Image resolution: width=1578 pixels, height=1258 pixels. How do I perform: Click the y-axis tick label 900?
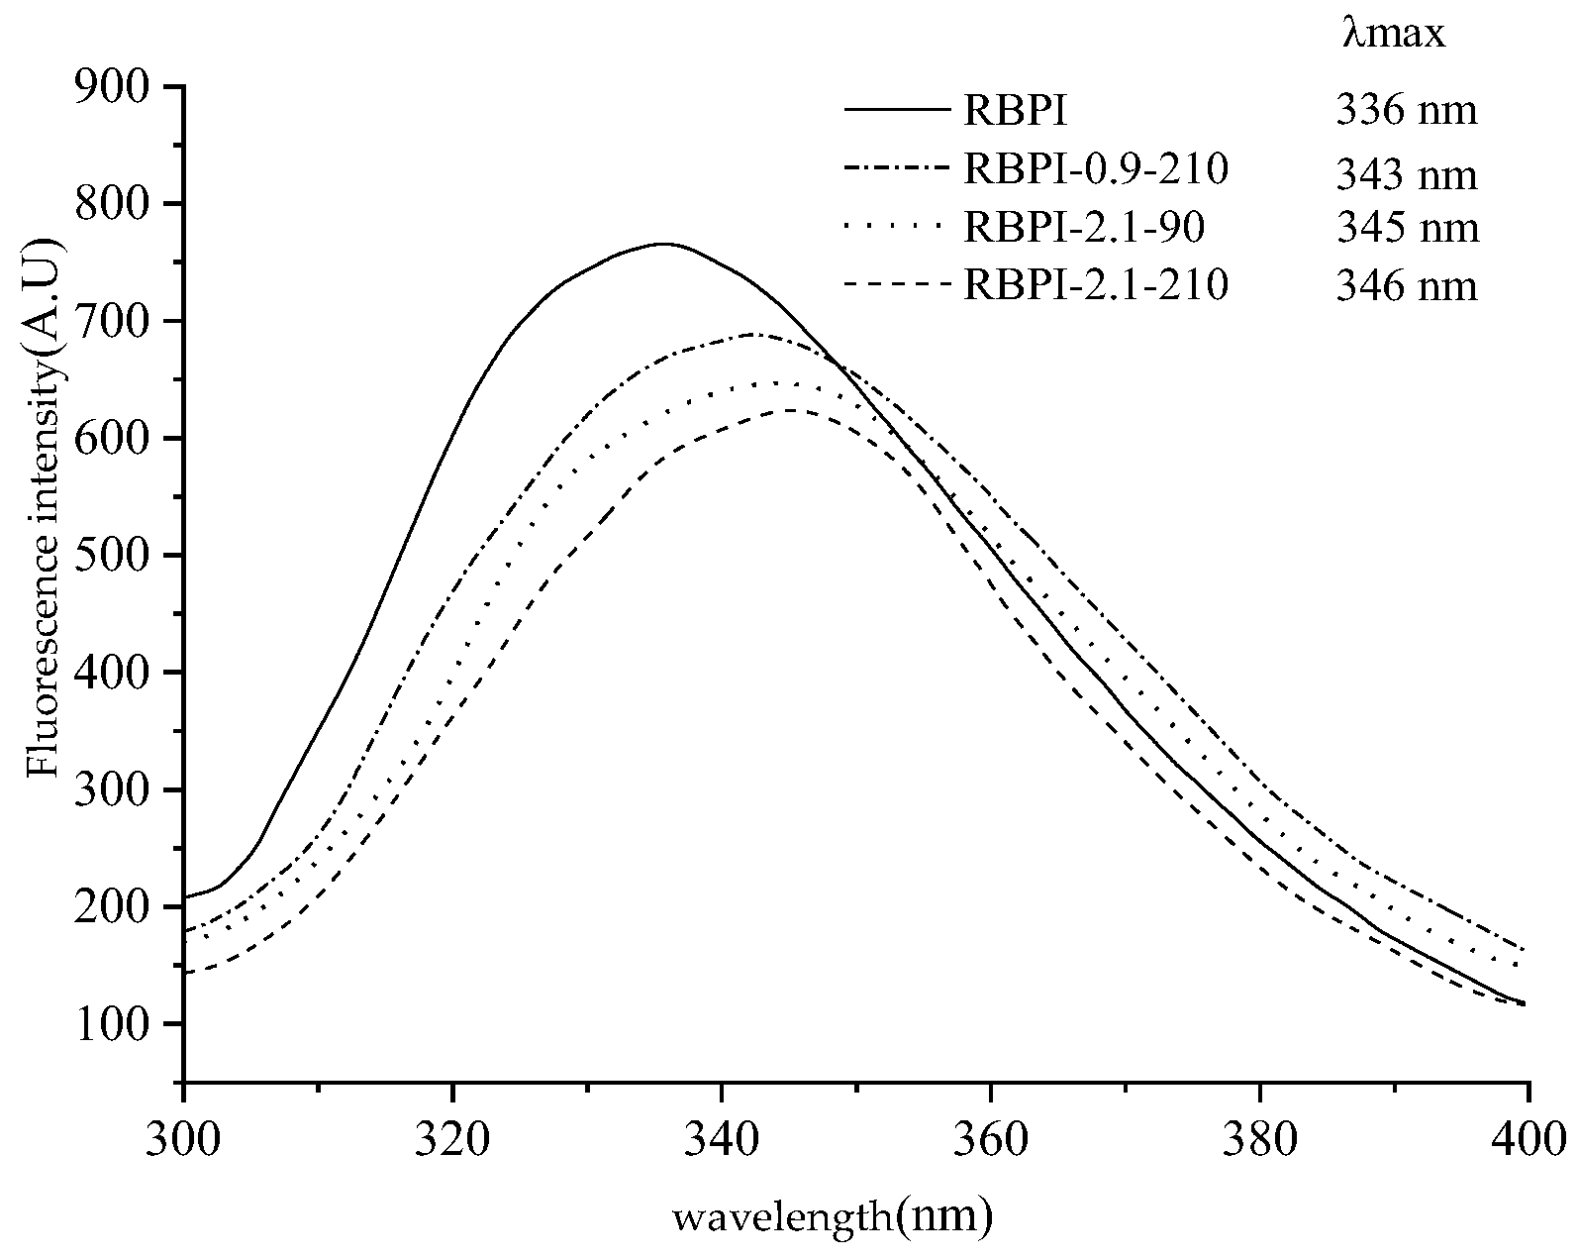(116, 87)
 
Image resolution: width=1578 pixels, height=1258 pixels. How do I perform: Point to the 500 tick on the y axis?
(116, 556)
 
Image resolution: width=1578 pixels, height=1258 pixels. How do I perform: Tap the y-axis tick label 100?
(116, 1024)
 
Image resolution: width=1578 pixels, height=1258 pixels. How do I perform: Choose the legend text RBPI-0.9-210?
(1096, 170)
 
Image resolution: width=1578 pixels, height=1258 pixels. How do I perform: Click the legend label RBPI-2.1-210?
(1096, 285)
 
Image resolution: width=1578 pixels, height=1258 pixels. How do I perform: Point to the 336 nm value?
(1406, 111)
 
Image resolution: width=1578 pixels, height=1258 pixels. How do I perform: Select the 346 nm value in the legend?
(1406, 287)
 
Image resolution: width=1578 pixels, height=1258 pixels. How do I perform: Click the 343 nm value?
(1406, 176)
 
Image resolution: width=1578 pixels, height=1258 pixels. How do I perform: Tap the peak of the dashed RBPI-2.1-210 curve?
(791, 409)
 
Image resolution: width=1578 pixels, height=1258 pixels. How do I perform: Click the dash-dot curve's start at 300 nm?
(185, 931)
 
